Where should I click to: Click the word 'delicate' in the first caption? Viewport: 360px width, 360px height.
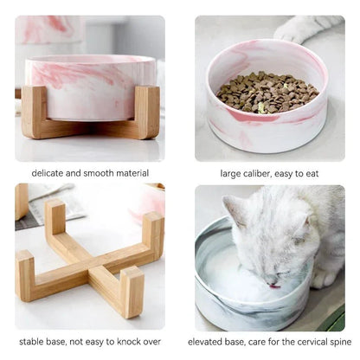tap(50, 173)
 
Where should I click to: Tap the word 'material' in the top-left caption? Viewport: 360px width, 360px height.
tap(131, 173)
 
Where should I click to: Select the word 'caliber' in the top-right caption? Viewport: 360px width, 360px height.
tap(258, 173)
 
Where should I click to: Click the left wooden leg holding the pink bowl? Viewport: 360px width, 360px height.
tap(35, 112)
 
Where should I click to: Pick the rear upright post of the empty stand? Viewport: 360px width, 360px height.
tap(55, 220)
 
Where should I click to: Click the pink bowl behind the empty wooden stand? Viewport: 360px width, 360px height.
tap(148, 202)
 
